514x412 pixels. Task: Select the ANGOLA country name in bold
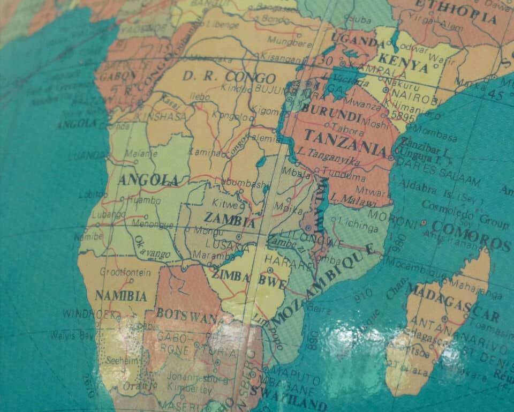[148, 179]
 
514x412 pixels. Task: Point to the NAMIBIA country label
[121, 295]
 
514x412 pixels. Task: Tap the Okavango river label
[152, 247]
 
